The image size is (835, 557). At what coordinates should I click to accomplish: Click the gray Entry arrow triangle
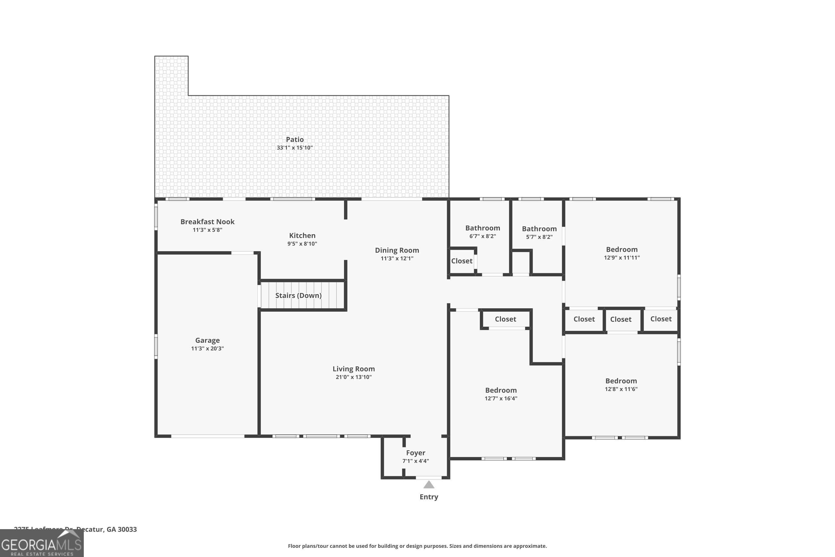point(429,485)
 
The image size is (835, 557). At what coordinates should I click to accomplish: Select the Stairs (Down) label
point(298,295)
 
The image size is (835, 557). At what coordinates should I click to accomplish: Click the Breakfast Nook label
point(207,222)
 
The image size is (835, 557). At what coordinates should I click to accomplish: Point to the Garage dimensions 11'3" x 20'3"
point(207,348)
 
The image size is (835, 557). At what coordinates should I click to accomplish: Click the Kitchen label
point(302,236)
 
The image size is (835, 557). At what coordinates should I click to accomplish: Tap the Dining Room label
point(397,250)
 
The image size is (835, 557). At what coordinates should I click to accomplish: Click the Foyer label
point(415,453)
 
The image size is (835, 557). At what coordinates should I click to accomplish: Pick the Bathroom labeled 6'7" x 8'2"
point(482,228)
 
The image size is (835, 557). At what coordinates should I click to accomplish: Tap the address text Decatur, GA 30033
point(107,529)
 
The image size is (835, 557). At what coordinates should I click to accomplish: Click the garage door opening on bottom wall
point(208,436)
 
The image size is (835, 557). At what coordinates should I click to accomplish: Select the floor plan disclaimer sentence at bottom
point(417,546)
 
